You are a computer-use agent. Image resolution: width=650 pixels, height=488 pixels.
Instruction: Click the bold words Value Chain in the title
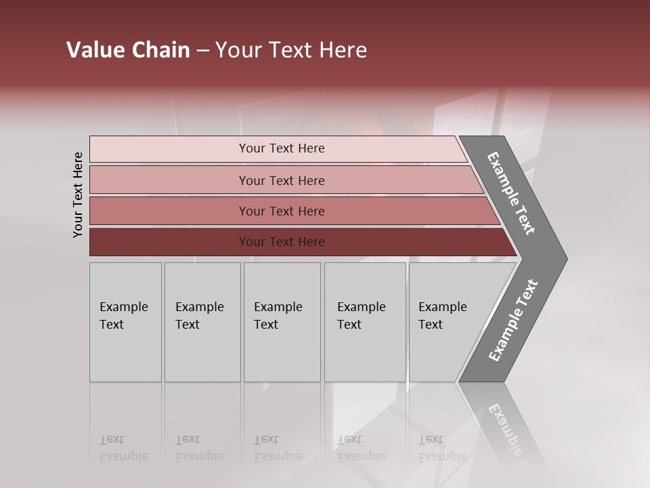tap(128, 50)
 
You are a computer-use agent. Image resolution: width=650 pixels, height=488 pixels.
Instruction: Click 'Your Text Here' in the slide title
tap(291, 50)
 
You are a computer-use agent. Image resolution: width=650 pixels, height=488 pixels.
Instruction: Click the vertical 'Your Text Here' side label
tap(78, 195)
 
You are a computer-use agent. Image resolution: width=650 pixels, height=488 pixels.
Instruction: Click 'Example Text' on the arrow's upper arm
tap(511, 193)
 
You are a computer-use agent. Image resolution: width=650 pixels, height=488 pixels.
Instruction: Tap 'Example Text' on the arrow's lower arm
tap(513, 321)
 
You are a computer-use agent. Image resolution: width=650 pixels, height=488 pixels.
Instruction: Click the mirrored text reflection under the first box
tap(123, 448)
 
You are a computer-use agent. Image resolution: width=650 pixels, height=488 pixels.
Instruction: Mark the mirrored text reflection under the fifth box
tap(442, 448)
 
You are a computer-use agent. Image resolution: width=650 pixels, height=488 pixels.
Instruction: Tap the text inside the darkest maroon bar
tap(282, 242)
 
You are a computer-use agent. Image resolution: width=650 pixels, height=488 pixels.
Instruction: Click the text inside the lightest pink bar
tap(282, 148)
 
